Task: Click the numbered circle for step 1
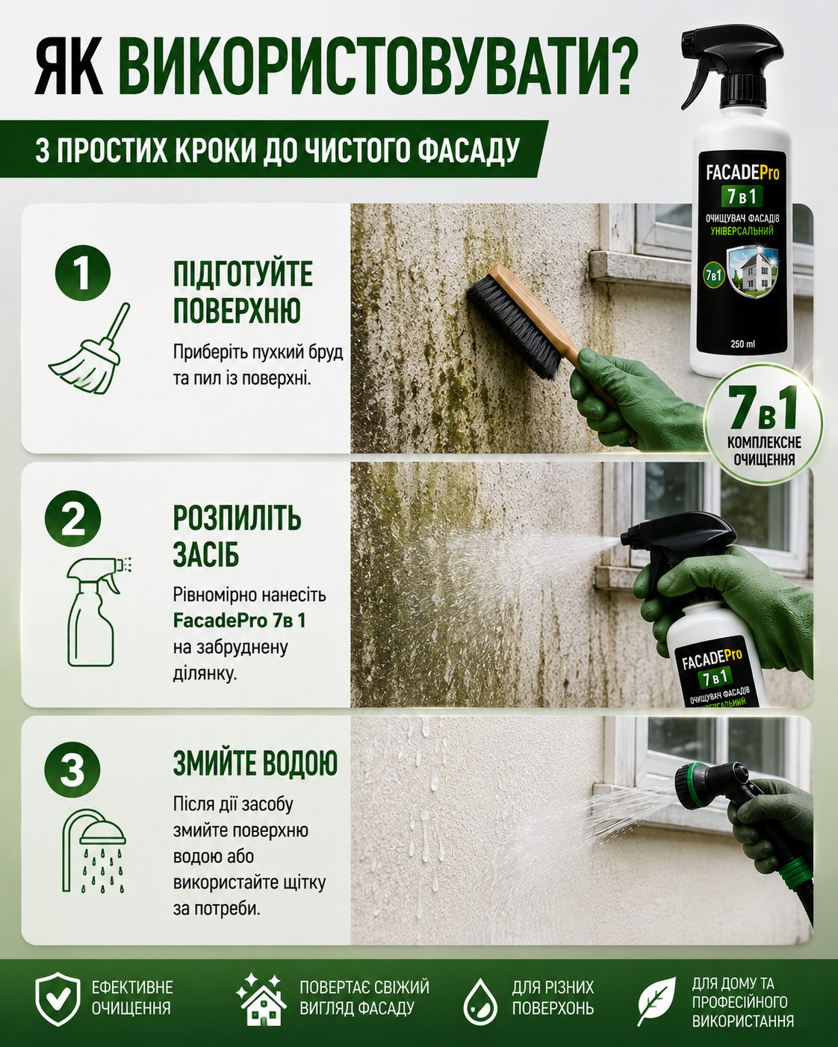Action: [x=83, y=273]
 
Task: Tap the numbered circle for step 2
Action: [x=73, y=519]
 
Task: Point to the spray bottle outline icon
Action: [x=95, y=611]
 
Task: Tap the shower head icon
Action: [x=93, y=851]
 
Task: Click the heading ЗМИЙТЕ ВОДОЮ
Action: [x=255, y=763]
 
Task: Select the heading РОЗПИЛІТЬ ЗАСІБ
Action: [x=237, y=536]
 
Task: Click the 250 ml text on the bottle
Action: [x=742, y=344]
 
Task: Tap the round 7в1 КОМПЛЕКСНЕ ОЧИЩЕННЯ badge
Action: [x=763, y=426]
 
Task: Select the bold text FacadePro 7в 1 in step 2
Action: [x=240, y=621]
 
